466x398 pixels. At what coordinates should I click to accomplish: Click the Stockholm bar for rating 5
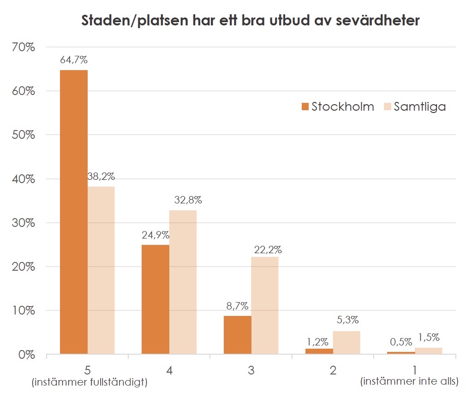point(74,212)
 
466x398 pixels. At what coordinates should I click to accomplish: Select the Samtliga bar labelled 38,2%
point(101,270)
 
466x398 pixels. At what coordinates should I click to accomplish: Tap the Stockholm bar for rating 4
point(155,299)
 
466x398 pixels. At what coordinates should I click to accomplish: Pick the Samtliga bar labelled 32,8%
point(183,282)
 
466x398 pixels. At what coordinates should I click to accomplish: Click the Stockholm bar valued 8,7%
point(237,335)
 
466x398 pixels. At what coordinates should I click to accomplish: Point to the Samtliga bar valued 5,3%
point(346,343)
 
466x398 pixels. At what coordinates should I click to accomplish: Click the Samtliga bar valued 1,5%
point(428,351)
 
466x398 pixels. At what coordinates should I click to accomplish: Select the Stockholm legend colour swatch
point(305,107)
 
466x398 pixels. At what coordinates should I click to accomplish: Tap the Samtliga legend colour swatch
point(388,107)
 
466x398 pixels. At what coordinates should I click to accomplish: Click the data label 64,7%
point(74,60)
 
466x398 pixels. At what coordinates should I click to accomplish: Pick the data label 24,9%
point(155,235)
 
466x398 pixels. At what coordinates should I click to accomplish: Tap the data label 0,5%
point(401,343)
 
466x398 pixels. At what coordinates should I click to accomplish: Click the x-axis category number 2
point(333,370)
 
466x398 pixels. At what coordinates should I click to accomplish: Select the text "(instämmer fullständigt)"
point(89,382)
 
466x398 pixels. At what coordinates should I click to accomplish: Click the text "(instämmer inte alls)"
point(409,381)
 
